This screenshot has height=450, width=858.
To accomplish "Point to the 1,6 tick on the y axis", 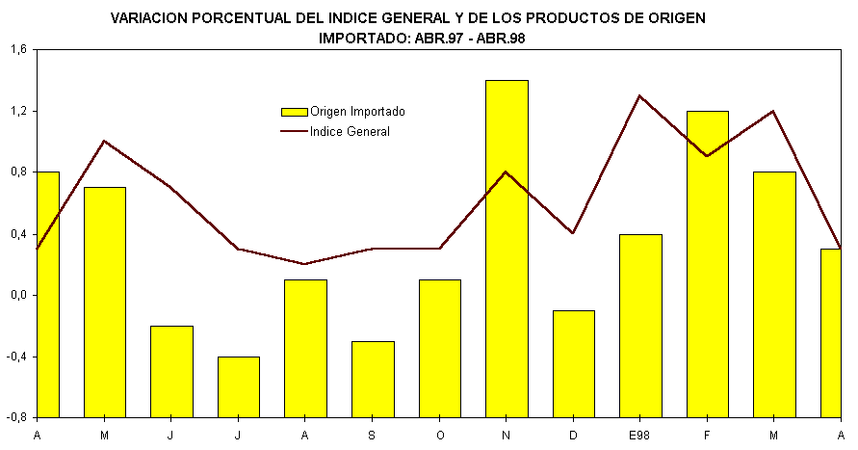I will (x=18, y=50).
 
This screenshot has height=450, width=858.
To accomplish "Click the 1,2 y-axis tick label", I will (x=18, y=111).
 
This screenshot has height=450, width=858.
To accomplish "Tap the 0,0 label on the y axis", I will (x=18, y=296).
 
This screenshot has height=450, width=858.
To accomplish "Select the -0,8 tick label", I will (x=16, y=418).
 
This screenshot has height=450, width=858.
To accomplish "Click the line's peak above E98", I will (x=640, y=95).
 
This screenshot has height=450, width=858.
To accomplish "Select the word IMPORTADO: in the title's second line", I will (x=364, y=39).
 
